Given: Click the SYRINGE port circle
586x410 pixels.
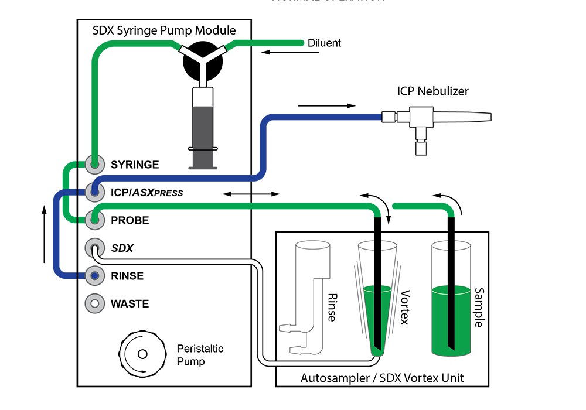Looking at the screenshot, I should (x=94, y=164).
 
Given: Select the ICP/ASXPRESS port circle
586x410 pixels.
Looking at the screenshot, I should (x=94, y=192).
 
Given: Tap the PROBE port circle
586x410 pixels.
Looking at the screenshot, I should (x=94, y=220).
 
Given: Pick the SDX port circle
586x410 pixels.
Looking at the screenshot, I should (x=94, y=247).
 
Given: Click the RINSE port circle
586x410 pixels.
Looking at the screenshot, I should (x=94, y=275).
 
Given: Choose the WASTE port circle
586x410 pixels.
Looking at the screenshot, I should (x=94, y=303).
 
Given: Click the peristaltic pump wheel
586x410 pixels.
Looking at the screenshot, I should (x=141, y=354).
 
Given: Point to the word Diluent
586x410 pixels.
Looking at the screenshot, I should (x=324, y=43).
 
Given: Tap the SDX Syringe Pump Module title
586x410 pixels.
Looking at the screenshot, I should (x=164, y=30).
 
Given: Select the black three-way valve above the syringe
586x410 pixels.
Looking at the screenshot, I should (x=203, y=61).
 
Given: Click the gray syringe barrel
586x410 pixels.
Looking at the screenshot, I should (x=203, y=135).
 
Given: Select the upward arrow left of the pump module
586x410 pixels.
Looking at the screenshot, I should (x=45, y=234).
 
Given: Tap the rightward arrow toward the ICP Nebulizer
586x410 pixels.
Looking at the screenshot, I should (x=326, y=106).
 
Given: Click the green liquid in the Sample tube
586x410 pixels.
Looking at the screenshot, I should (x=451, y=322).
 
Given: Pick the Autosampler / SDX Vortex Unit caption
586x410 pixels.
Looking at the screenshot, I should (x=382, y=378).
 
